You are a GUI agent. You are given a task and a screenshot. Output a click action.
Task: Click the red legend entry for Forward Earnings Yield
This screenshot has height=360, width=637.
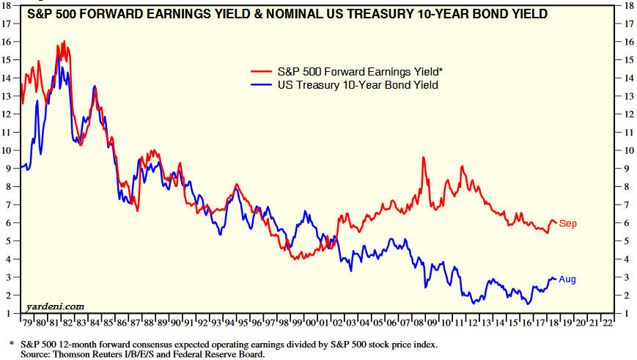359,72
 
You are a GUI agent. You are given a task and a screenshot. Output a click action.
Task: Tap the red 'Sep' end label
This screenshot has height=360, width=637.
568,223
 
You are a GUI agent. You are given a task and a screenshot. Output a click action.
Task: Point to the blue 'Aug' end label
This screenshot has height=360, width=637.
568,279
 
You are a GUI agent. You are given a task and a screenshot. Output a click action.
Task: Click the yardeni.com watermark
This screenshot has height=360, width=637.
54,306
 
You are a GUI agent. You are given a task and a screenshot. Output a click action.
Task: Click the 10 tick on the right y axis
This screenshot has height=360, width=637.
627,150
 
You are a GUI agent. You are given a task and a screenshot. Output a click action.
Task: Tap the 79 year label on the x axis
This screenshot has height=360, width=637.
27,321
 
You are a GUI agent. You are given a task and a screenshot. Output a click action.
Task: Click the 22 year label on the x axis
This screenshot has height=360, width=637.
608,321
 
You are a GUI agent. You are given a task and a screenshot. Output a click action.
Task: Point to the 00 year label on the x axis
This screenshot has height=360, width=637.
311,321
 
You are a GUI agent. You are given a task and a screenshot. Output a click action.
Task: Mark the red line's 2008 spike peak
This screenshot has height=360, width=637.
423,158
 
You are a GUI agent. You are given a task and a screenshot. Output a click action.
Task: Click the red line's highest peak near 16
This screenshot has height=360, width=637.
65,42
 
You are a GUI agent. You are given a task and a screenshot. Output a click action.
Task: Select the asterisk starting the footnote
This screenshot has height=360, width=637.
12,343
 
